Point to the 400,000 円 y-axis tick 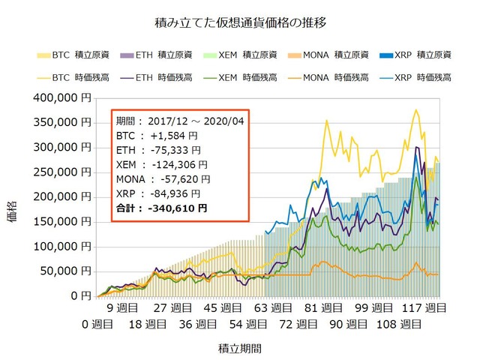[65, 97]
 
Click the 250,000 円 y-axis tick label [65, 172]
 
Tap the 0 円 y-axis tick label [82, 296]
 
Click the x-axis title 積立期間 [239, 349]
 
